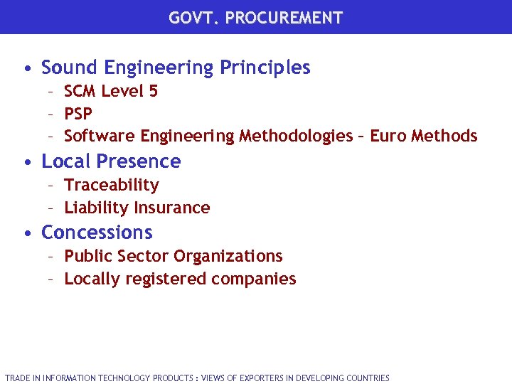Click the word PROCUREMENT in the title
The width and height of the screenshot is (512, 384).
284,18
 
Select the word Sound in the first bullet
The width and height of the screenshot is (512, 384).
70,68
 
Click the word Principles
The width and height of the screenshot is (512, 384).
265,68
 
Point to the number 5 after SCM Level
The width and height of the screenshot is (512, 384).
154,91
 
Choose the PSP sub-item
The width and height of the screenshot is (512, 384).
78,114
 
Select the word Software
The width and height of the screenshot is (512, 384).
100,136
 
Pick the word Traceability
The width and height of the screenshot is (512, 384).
112,185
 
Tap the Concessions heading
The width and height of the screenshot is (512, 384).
97,233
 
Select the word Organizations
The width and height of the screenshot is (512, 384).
228,256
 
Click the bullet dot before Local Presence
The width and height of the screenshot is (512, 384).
26,162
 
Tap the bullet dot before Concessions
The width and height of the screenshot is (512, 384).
26,233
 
